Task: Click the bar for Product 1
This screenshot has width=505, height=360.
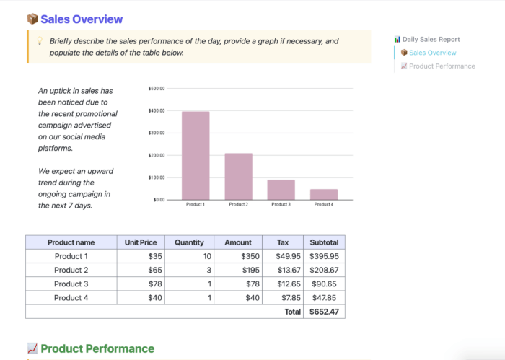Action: pyautogui.click(x=196, y=155)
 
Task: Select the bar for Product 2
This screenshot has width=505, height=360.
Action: pyautogui.click(x=238, y=176)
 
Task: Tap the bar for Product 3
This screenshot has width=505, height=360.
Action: pyautogui.click(x=281, y=189)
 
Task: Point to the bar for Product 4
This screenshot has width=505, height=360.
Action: pyautogui.click(x=324, y=194)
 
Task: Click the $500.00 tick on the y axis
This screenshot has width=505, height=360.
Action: pyautogui.click(x=157, y=88)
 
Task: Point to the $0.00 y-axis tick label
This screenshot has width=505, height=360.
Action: pyautogui.click(x=159, y=199)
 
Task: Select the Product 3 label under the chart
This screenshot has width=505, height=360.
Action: pyautogui.click(x=281, y=205)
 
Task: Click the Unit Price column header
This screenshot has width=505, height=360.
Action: pyautogui.click(x=141, y=242)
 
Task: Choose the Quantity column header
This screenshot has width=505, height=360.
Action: pyautogui.click(x=189, y=242)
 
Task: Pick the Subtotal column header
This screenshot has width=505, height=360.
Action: pyautogui.click(x=323, y=242)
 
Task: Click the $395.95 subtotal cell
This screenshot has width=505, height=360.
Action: pyautogui.click(x=323, y=256)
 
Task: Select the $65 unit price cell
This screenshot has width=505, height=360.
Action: pyautogui.click(x=154, y=270)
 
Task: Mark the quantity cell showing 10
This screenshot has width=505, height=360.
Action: pyautogui.click(x=207, y=256)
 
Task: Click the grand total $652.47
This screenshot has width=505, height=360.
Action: pyautogui.click(x=323, y=312)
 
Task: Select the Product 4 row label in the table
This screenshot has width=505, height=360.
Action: pyautogui.click(x=71, y=297)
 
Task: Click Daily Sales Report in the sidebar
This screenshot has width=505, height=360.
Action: pyautogui.click(x=431, y=39)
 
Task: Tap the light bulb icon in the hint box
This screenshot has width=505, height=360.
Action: pyautogui.click(x=39, y=41)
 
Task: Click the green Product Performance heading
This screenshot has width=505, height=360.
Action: pyautogui.click(x=97, y=349)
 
